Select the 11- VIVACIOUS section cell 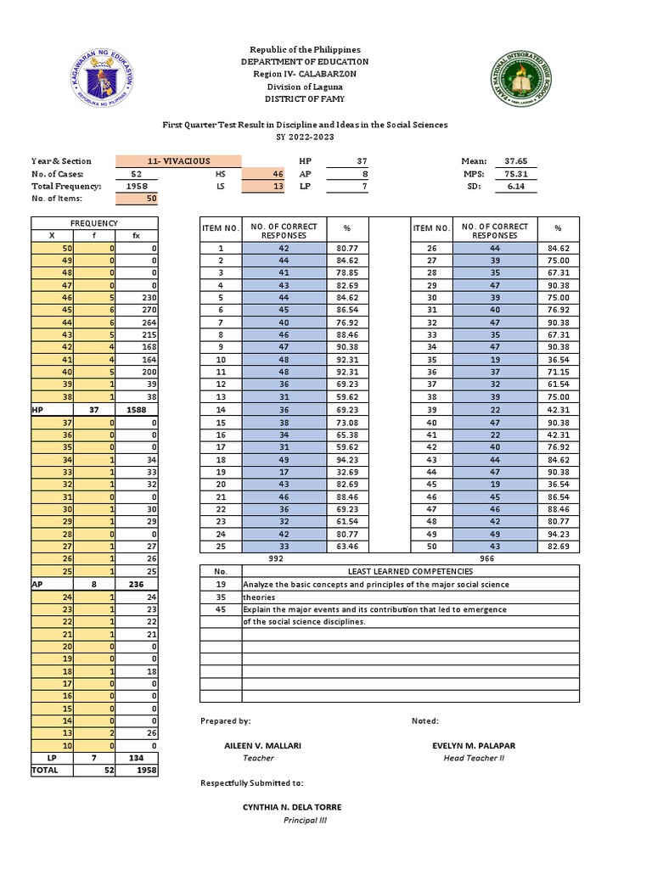[x=178, y=160]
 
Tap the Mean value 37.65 [x=515, y=160]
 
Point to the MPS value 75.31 [x=515, y=173]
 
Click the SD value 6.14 [x=515, y=186]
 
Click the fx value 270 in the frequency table [x=141, y=310]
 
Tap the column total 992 [x=274, y=559]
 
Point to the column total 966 [x=486, y=559]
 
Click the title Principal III [x=305, y=820]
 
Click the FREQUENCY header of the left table [x=94, y=222]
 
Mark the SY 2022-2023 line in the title [x=305, y=137]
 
